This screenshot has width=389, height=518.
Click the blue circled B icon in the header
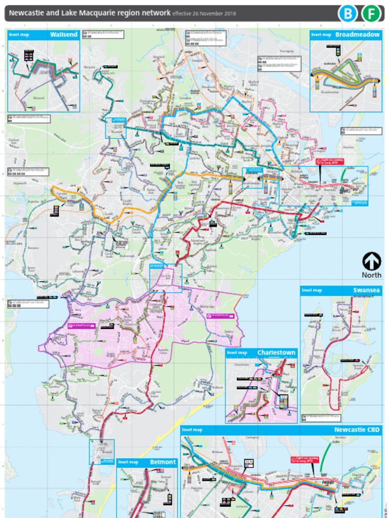pyautogui.click(x=347, y=14)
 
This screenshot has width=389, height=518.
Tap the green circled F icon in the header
pyautogui.click(x=371, y=14)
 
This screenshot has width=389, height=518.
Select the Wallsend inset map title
pyautogui.click(x=63, y=35)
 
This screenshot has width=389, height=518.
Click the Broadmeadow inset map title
pyautogui.click(x=357, y=35)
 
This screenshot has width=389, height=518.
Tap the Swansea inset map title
pyautogui.click(x=366, y=290)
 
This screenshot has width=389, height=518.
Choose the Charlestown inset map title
pyautogui.click(x=276, y=353)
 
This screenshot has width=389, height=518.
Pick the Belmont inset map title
pyautogui.click(x=163, y=462)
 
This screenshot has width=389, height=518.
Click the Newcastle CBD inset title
pyautogui.click(x=357, y=430)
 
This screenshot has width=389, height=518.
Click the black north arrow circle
pyautogui.click(x=371, y=262)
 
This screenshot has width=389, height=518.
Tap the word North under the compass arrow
pyautogui.click(x=371, y=275)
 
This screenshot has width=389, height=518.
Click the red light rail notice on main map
pyautogui.click(x=329, y=162)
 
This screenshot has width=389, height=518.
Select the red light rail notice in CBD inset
pyautogui.click(x=303, y=460)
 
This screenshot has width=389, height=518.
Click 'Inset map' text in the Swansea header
pyautogui.click(x=312, y=290)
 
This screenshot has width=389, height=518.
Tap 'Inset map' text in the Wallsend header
pyautogui.click(x=19, y=35)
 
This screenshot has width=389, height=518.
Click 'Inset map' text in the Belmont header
pyautogui.click(x=129, y=462)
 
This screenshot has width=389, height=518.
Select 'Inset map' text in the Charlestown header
pyautogui.click(x=237, y=353)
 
